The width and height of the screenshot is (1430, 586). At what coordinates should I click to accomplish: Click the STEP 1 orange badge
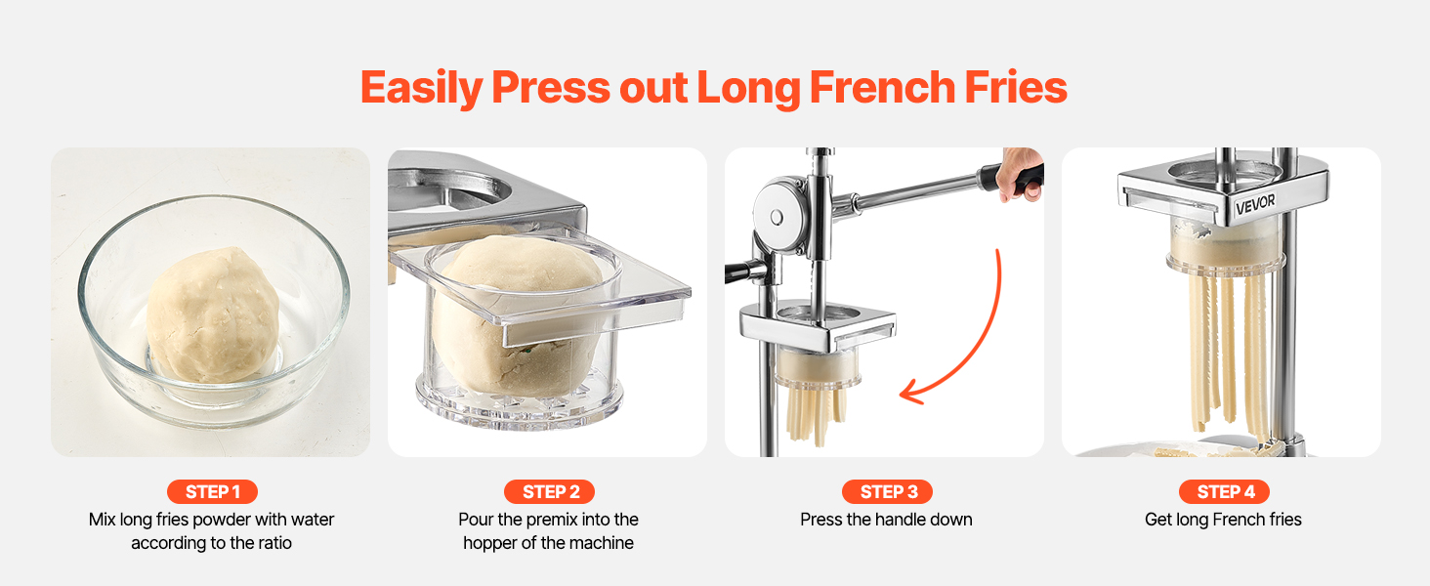tap(212, 491)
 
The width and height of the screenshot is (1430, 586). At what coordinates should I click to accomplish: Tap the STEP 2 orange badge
tap(549, 491)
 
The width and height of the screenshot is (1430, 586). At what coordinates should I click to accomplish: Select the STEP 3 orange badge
tap(887, 491)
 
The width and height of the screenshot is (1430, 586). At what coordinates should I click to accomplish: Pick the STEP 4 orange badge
tap(1224, 491)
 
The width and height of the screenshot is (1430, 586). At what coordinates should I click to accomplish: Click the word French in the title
tap(882, 87)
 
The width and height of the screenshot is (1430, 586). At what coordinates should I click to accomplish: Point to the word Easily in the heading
tap(421, 88)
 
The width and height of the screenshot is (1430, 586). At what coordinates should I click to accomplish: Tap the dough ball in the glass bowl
tap(213, 315)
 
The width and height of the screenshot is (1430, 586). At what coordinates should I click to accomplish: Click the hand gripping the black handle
tap(1021, 175)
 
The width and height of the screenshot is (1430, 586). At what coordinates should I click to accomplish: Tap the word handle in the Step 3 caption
tap(911, 520)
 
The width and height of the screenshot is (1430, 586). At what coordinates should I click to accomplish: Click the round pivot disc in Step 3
tap(777, 217)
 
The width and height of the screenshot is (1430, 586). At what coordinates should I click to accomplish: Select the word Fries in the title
tap(1015, 87)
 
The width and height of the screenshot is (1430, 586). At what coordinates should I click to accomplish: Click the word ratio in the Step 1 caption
tap(273, 543)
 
